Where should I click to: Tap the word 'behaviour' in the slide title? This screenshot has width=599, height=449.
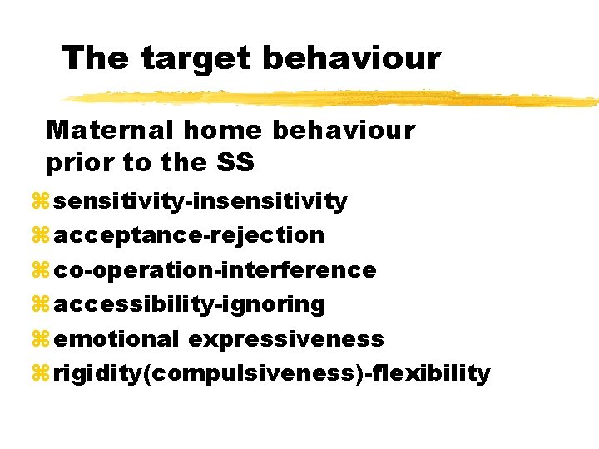(x=349, y=57)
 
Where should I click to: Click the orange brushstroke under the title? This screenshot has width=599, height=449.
(x=333, y=98)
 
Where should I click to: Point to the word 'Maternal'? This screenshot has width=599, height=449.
(x=111, y=130)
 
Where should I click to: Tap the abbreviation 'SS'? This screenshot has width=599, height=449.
(x=235, y=163)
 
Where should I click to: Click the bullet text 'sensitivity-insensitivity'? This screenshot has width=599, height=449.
(x=200, y=201)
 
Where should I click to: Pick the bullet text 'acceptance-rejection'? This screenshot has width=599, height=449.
(x=189, y=235)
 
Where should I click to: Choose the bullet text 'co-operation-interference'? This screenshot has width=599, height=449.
(x=215, y=270)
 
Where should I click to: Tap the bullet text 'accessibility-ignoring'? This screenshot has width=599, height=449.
(x=189, y=304)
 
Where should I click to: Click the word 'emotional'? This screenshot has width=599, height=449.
(x=116, y=339)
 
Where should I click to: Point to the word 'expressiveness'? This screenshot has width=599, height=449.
(x=286, y=339)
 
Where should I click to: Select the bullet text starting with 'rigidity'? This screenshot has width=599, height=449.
(x=272, y=373)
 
